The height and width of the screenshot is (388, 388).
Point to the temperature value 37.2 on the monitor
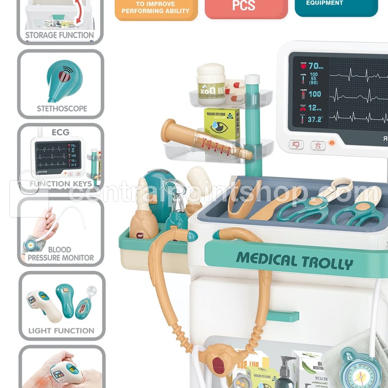(315, 120)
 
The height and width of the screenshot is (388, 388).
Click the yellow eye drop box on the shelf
(222, 124)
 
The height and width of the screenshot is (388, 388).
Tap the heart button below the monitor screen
(297, 144)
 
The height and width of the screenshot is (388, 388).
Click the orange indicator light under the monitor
(332, 143)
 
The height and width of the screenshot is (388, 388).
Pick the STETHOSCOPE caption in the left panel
(62, 108)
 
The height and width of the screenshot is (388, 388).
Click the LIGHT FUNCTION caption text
(61, 331)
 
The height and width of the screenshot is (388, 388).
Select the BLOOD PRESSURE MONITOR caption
(61, 254)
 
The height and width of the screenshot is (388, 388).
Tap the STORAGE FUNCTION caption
(60, 35)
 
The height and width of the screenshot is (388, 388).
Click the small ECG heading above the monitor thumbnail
(61, 132)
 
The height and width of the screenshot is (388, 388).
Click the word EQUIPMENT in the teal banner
(325, 3)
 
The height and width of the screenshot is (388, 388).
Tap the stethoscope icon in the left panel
(62, 78)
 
